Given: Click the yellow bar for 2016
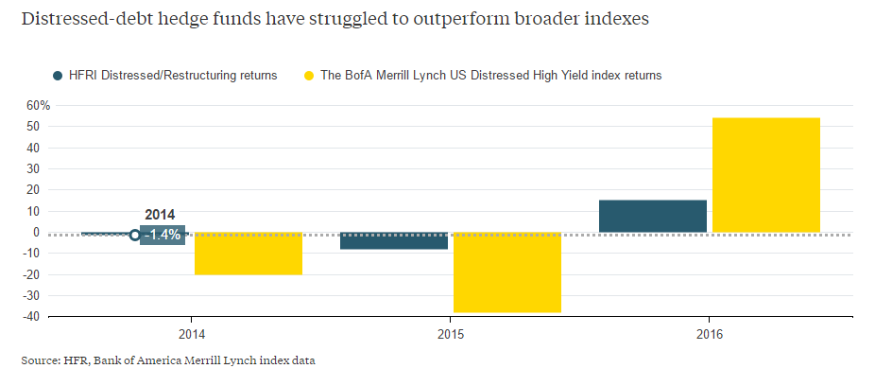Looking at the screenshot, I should coord(765,175).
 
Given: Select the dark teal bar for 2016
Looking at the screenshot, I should coord(652,216).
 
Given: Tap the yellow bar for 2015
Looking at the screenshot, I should coord(507,272).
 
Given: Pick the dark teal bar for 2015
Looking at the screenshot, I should coord(394,240).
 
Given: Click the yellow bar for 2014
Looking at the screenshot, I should coord(249,254).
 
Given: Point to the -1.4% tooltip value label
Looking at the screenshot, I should coord(163,235).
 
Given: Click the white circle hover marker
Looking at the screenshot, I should coord(134,235).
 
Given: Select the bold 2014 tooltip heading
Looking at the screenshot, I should coord(160,215).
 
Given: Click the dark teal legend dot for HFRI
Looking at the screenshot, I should coord(58,76).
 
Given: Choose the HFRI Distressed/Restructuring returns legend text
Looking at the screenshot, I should coord(173,76).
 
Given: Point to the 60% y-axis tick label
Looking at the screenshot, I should coord(38,105).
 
